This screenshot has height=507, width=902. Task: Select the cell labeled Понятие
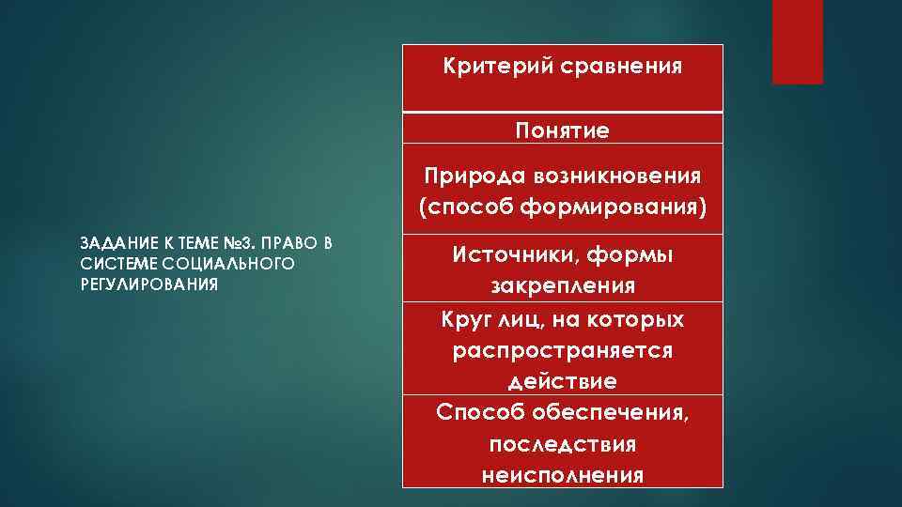(x=562, y=131)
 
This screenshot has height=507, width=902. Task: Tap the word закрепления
(x=562, y=284)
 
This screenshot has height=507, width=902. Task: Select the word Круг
(x=465, y=319)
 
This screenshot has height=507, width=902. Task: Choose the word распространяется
(x=562, y=350)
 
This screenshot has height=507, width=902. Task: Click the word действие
(x=562, y=381)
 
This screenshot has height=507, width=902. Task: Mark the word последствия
(x=562, y=443)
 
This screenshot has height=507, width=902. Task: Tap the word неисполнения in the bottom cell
(x=562, y=474)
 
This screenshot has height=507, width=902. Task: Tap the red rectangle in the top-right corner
(x=797, y=41)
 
